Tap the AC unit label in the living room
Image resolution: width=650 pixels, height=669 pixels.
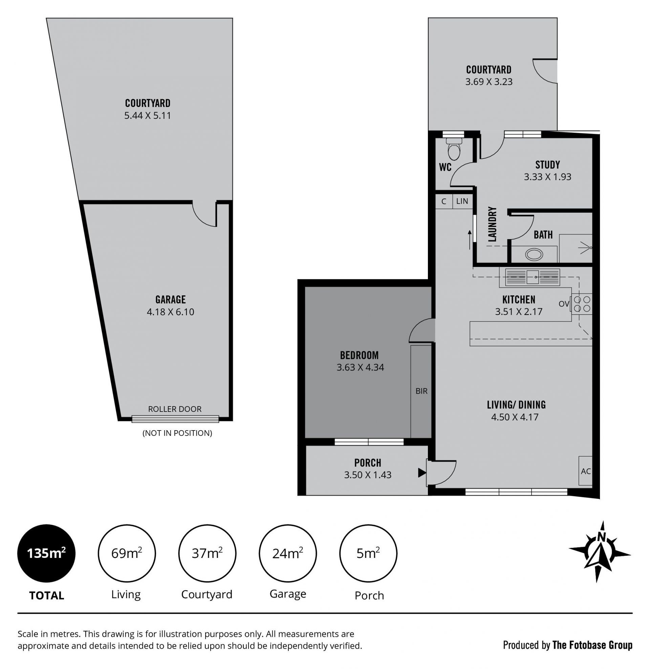[586, 471]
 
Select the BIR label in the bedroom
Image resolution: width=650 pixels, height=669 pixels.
[421, 391]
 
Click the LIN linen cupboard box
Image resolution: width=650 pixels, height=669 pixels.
[462, 201]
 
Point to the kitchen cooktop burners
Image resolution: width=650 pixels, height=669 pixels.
[582, 304]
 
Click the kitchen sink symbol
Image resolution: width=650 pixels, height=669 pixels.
[533, 277]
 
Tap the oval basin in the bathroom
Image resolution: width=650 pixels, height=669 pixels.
[534, 254]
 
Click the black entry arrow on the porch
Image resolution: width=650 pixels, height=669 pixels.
[422, 473]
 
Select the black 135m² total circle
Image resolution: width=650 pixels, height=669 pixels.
[46, 553]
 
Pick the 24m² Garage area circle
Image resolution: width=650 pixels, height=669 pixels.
[288, 553]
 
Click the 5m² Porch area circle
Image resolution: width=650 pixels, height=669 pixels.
[368, 553]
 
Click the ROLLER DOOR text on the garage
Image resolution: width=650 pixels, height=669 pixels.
[175, 409]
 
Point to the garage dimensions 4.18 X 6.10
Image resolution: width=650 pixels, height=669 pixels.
[170, 312]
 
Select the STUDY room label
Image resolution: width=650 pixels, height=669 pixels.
[547, 165]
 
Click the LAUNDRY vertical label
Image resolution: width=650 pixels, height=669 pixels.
[492, 224]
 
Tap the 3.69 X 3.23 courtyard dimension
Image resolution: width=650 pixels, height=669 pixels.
[489, 82]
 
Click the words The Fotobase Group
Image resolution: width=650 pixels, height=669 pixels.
[592, 645]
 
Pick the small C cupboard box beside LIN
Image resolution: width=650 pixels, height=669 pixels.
[444, 201]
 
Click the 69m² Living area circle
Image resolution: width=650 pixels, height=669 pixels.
[127, 553]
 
